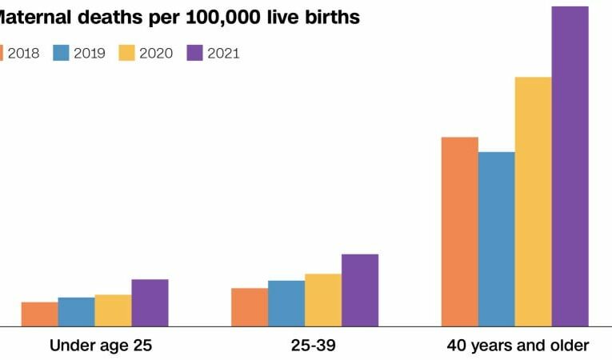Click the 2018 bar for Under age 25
click(x=39, y=314)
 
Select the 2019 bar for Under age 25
click(x=76, y=312)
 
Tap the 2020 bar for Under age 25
click(x=113, y=310)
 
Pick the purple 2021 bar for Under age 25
click(x=150, y=303)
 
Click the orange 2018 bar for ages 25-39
click(x=250, y=307)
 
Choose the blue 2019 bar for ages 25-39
click(x=286, y=303)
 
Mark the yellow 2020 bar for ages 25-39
click(x=323, y=300)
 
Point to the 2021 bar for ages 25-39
click(x=360, y=290)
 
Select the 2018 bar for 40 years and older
click(x=460, y=232)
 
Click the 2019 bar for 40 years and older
click(x=497, y=239)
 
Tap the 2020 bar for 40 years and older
click(x=534, y=202)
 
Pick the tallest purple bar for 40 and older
click(x=570, y=166)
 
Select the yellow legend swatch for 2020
click(x=128, y=54)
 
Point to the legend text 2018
click(x=24, y=54)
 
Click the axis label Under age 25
click(x=101, y=346)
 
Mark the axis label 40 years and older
click(x=518, y=346)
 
